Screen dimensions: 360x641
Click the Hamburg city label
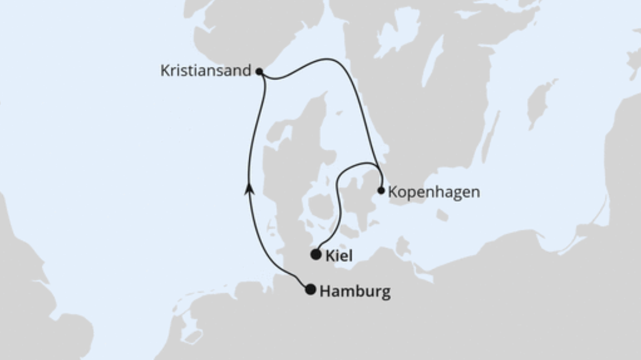[x=355, y=292]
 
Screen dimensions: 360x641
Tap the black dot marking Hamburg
[x=310, y=290]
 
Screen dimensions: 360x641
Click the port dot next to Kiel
[x=316, y=254]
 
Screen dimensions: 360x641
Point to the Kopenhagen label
[x=433, y=192]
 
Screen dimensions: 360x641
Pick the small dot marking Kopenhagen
[x=381, y=190]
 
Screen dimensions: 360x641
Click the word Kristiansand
[x=206, y=71]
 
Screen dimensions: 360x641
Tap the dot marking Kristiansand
[x=259, y=72]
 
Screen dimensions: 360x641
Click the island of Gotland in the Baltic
[x=540, y=100]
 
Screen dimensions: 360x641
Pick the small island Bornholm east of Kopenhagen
[x=442, y=215]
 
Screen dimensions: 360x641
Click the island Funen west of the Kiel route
[x=320, y=209]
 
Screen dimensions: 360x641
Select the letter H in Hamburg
[x=325, y=292]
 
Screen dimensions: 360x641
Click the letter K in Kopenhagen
[x=392, y=192]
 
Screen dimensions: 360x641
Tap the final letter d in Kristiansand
[x=248, y=71]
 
